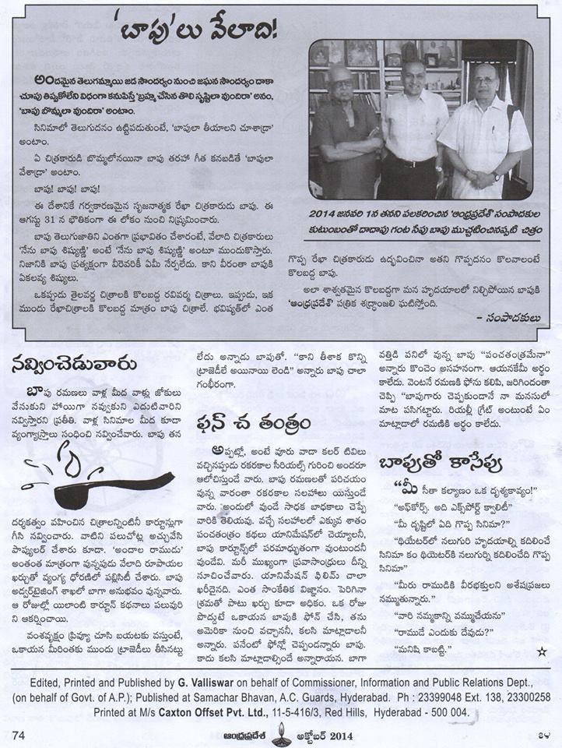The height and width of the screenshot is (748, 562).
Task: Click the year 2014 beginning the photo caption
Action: pos(328,213)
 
